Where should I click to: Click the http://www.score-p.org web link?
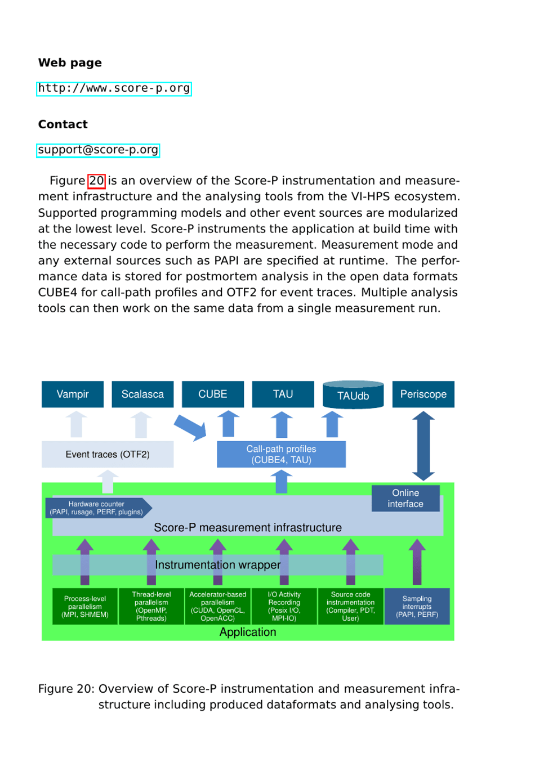pos(114,88)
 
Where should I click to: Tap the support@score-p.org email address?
pos(98,150)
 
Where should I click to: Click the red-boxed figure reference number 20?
pos(96,181)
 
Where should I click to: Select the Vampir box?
pos(73,394)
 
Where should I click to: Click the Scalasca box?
pos(142,394)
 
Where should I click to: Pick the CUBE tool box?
pos(213,394)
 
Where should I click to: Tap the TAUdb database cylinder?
pos(353,395)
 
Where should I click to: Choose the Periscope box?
pos(423,394)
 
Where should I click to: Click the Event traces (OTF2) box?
pos(108,454)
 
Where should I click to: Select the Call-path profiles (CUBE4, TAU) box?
pos(281,454)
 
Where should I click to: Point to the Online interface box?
pos(405,498)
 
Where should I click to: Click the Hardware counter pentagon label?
pos(97,508)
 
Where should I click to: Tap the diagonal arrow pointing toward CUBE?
pos(190,428)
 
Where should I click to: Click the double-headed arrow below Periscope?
pos(423,446)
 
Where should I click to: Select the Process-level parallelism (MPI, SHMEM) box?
pos(85,607)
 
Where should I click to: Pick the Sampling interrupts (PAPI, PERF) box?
pos(417,607)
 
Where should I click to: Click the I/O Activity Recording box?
pos(284,607)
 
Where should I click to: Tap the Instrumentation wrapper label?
pos(217,564)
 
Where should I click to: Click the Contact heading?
pos(63,124)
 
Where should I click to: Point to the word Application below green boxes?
pos(248,632)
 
